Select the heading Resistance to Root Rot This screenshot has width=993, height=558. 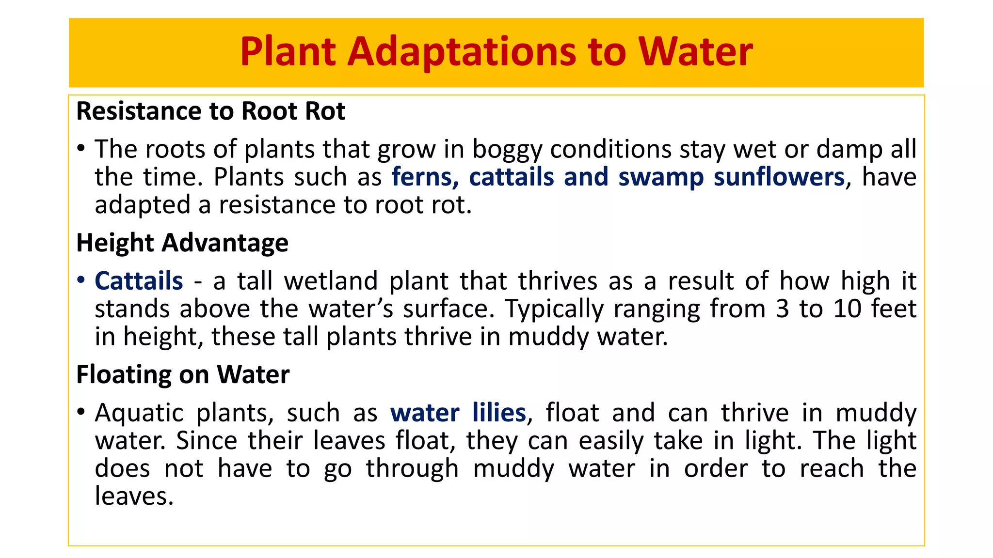click(210, 111)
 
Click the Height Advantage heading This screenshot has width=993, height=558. click(182, 243)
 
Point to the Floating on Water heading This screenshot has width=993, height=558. click(183, 374)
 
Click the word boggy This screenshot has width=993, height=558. click(506, 150)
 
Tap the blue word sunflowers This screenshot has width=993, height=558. click(779, 177)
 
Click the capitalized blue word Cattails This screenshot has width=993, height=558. click(139, 281)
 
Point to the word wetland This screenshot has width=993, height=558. click(331, 281)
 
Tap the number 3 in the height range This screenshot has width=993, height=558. click(782, 309)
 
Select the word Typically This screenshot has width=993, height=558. click(554, 310)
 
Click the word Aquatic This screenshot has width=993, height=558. click(139, 413)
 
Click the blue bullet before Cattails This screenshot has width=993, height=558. click(81, 280)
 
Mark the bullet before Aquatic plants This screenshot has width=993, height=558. click(81, 412)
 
